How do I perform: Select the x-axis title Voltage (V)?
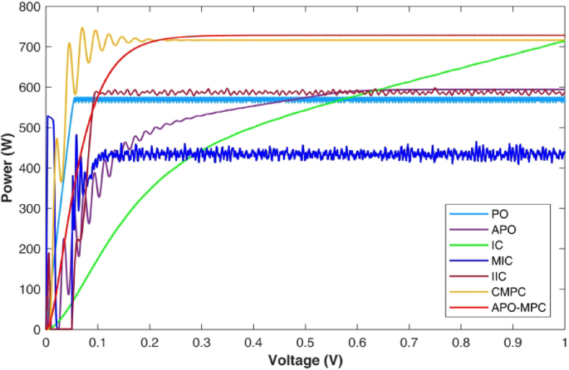[x=305, y=361]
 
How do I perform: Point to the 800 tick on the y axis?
[x=28, y=7]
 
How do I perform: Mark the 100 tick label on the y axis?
[x=28, y=289]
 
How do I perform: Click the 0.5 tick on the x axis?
[x=305, y=340]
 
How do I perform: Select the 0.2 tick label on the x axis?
[x=150, y=340]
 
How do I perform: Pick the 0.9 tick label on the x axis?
[x=513, y=340]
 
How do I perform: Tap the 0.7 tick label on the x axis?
[x=409, y=340]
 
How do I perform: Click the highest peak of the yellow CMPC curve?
[x=82, y=28]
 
